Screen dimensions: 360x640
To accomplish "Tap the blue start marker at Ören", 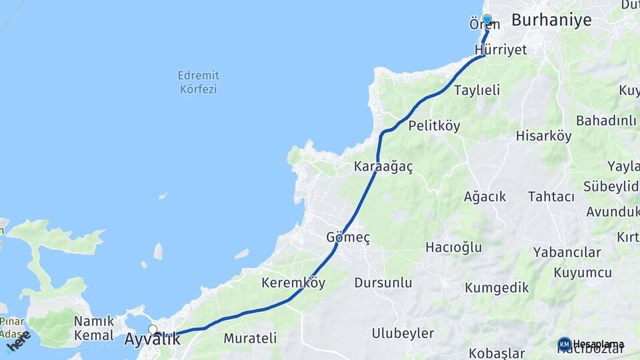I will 487,20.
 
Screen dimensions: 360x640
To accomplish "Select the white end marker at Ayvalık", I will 153,329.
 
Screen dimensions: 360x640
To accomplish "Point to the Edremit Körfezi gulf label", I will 199,82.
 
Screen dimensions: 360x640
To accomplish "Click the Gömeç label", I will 348,237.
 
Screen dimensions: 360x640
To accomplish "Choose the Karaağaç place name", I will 383,167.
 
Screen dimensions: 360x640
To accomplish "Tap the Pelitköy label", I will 434,125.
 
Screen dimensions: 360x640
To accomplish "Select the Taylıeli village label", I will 477,90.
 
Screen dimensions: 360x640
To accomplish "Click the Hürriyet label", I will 501,50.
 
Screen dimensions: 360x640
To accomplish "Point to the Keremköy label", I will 293,283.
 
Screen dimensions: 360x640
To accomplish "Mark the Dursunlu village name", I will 383,283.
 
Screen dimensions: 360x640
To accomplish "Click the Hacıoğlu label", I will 453,247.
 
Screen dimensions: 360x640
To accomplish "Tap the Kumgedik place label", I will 497,287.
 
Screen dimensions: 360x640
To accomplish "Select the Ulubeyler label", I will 403,333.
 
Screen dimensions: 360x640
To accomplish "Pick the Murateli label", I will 250,338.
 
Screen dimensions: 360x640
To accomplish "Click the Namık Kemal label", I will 94,327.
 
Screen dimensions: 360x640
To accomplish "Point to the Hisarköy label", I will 543,136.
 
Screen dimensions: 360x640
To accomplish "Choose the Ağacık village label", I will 485,197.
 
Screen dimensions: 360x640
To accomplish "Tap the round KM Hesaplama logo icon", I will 564,344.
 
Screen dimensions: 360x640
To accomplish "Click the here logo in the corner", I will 18,341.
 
